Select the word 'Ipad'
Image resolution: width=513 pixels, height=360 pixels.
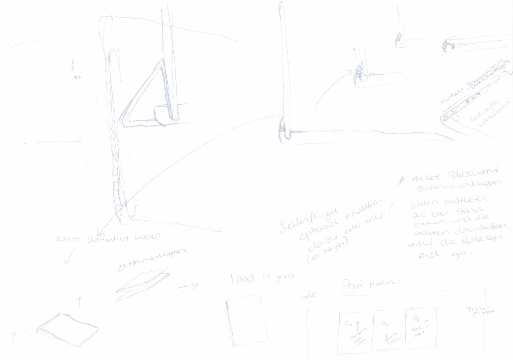tap(236, 278)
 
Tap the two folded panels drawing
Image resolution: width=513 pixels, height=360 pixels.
tap(143, 286)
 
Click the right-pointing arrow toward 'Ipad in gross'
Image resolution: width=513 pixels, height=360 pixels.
tap(188, 286)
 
